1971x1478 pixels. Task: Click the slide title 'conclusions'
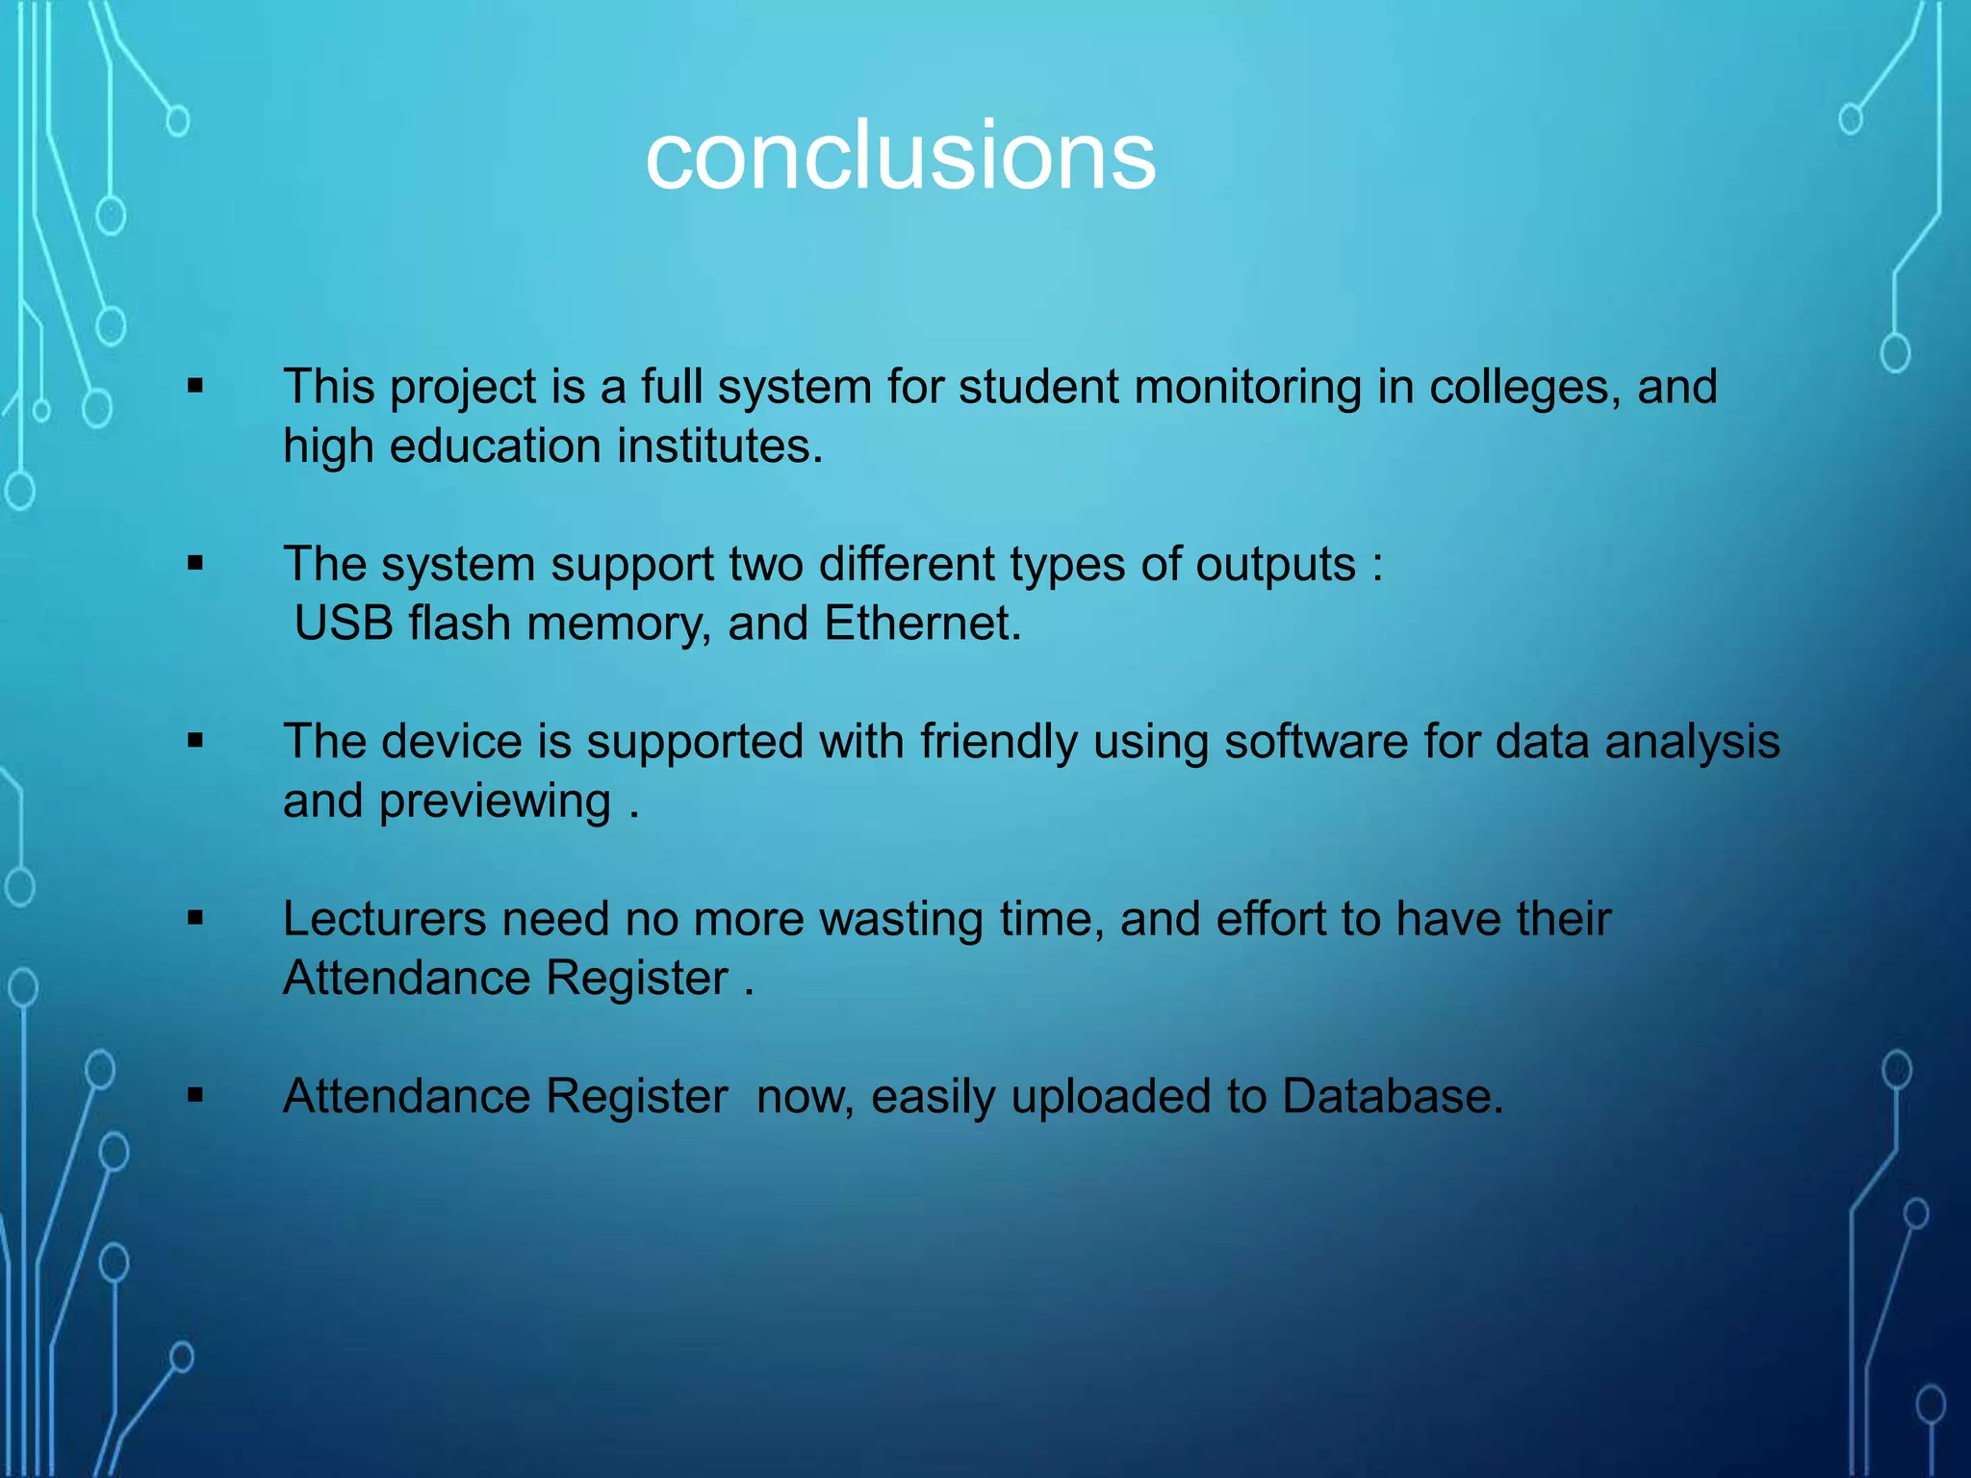pyautogui.click(x=900, y=156)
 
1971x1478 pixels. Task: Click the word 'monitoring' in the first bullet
pyautogui.click(x=1247, y=388)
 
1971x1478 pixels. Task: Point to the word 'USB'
pyautogui.click(x=344, y=624)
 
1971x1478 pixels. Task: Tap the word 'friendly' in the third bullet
pyautogui.click(x=998, y=743)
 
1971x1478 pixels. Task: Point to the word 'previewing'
pyautogui.click(x=495, y=803)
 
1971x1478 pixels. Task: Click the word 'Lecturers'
pyautogui.click(x=384, y=919)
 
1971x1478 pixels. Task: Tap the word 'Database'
pyautogui.click(x=1392, y=1097)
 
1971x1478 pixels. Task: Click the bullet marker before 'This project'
pyautogui.click(x=196, y=387)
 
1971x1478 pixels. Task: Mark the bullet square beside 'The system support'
pyautogui.click(x=196, y=564)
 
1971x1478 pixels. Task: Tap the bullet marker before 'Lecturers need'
pyautogui.click(x=196, y=919)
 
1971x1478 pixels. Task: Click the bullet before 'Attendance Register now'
pyautogui.click(x=196, y=1095)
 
